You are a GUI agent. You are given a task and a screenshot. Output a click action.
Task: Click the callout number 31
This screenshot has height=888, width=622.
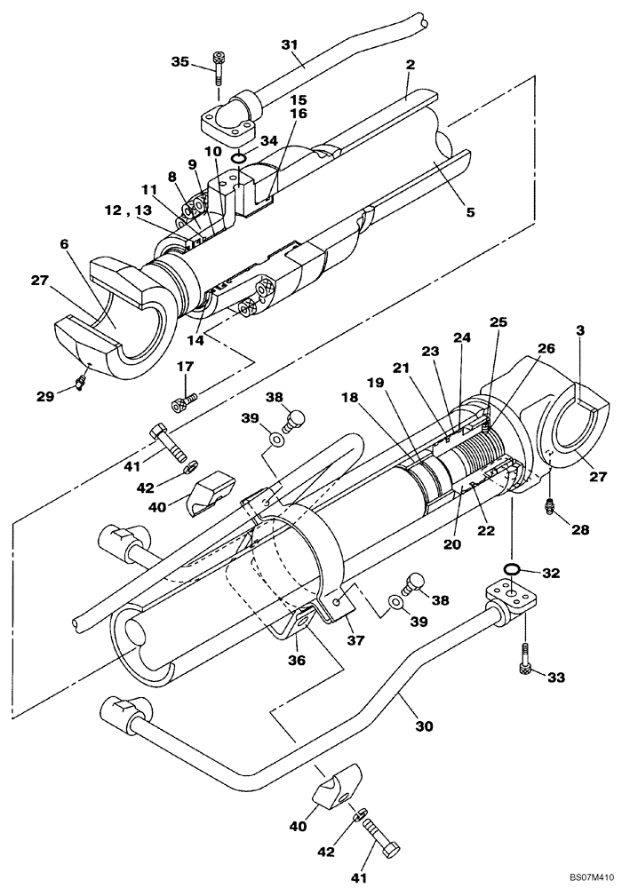click(x=289, y=44)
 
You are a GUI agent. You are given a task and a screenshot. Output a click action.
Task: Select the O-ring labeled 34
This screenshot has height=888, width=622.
click(x=239, y=159)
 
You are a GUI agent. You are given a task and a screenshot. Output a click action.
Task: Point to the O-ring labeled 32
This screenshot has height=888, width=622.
click(x=513, y=568)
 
